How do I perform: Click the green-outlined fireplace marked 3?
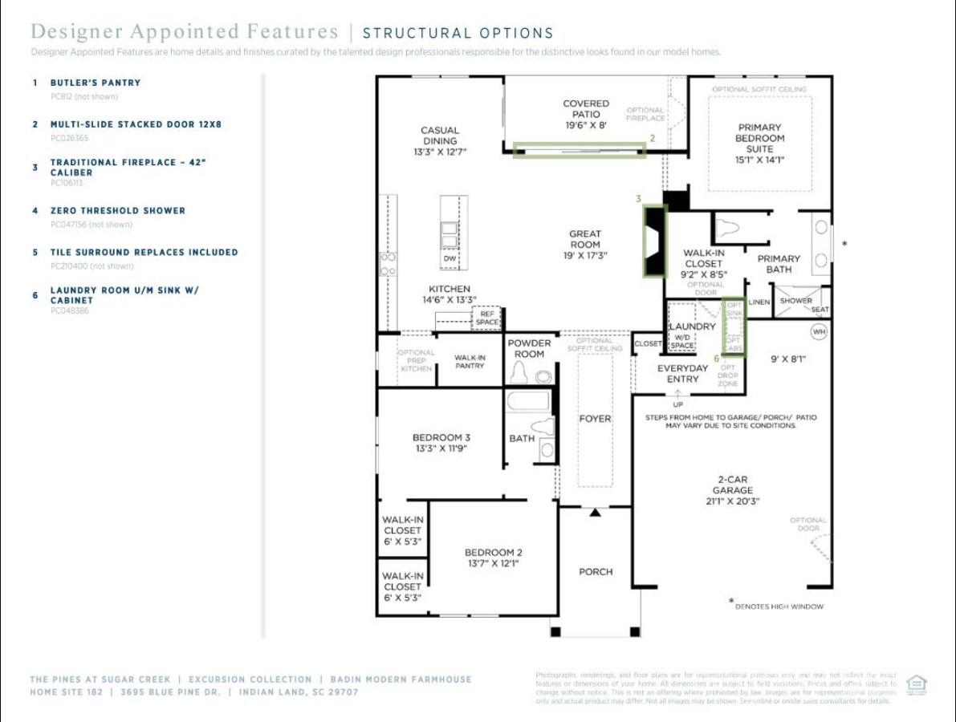[x=655, y=241]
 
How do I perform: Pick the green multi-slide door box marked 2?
[x=579, y=150]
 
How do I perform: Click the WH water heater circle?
[x=819, y=331]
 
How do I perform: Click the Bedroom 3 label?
[x=441, y=443]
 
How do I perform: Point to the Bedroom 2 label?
[x=494, y=558]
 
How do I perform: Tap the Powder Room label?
[x=529, y=348]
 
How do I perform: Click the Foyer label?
[x=595, y=419]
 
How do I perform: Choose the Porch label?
[x=596, y=572]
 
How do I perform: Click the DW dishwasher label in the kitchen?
[x=450, y=259]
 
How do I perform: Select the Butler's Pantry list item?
[x=95, y=83]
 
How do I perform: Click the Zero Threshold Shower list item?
[x=117, y=211]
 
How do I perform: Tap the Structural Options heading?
[x=458, y=34]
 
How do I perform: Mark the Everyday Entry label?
[x=682, y=373]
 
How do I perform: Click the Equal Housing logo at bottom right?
[x=916, y=684]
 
